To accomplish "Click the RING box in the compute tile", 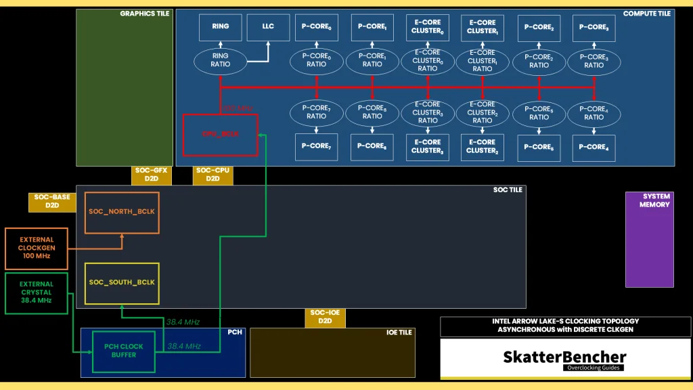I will click(x=221, y=26).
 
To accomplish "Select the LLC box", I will click(x=268, y=26).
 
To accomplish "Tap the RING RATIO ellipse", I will click(x=221, y=60).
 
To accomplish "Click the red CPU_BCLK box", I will click(x=221, y=134).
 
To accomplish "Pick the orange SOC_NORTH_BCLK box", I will click(x=122, y=212).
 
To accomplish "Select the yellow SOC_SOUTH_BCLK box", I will click(x=122, y=283).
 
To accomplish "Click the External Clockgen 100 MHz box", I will click(x=37, y=248).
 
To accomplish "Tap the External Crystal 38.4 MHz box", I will click(x=37, y=292).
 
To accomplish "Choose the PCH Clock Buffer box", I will click(x=124, y=351).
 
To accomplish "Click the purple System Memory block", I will click(x=649, y=240).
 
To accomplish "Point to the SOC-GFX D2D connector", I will click(x=151, y=175).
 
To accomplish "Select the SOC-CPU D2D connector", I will click(x=213, y=175).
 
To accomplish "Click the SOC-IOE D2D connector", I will click(x=326, y=317).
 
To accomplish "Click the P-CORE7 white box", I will click(x=316, y=147).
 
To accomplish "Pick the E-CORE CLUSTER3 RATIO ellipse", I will click(x=428, y=112).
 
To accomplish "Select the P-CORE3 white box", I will click(x=594, y=28).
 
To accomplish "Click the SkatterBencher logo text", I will click(x=564, y=357).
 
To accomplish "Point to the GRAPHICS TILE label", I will click(x=145, y=14).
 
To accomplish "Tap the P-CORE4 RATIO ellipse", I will click(x=594, y=112).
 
